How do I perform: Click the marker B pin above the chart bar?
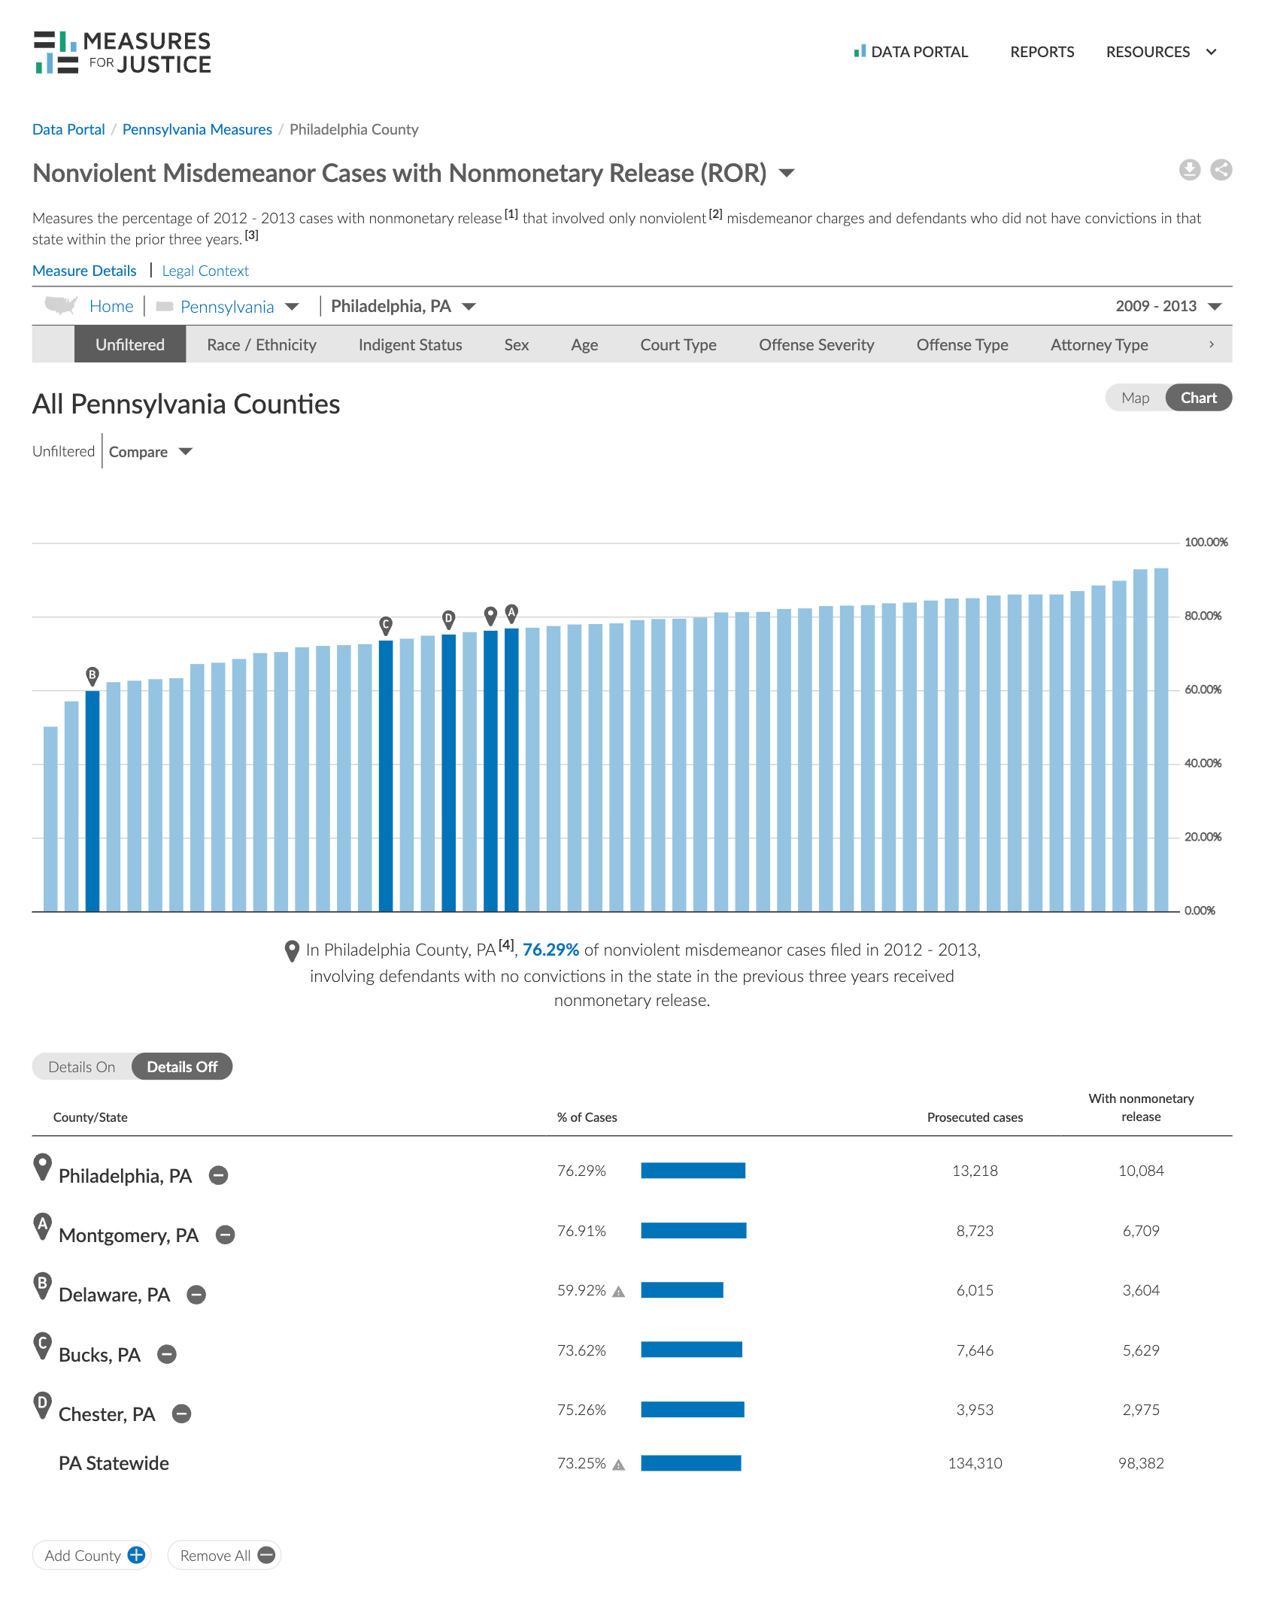pyautogui.click(x=93, y=675)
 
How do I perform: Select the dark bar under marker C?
pyautogui.click(x=386, y=774)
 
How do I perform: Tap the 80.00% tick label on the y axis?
pyautogui.click(x=1203, y=616)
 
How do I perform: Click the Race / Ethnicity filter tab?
pyautogui.click(x=261, y=345)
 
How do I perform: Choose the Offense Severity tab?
pyautogui.click(x=816, y=345)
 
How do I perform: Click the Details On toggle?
pyautogui.click(x=82, y=1067)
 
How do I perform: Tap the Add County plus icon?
pyautogui.click(x=136, y=1555)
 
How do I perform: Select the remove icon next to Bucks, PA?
pyautogui.click(x=167, y=1354)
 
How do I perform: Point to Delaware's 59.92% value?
pyautogui.click(x=581, y=1290)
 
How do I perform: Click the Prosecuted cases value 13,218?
pyautogui.click(x=975, y=1171)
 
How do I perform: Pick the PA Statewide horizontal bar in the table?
pyautogui.click(x=690, y=1463)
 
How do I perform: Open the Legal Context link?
pyautogui.click(x=205, y=271)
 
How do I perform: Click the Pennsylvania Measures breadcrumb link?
pyautogui.click(x=197, y=129)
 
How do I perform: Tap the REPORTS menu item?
pyautogui.click(x=1042, y=52)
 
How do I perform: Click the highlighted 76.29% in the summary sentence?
pyautogui.click(x=551, y=950)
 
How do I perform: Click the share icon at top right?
pyautogui.click(x=1221, y=170)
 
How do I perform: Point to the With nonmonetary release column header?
pyautogui.click(x=1141, y=1108)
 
